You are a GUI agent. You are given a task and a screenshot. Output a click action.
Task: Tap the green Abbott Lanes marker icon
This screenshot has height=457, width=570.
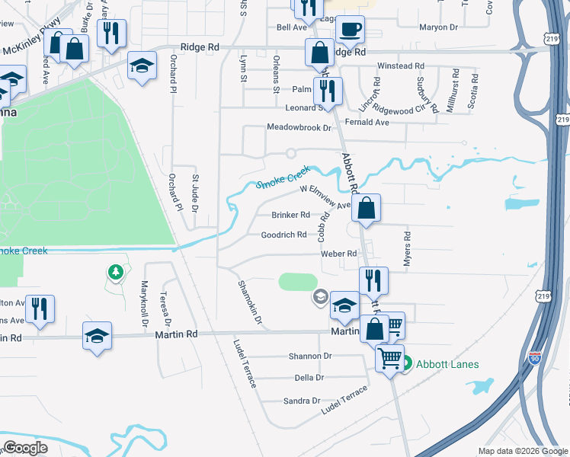[x=407, y=364]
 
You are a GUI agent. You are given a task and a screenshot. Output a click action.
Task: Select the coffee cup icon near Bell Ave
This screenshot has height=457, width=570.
[x=350, y=30]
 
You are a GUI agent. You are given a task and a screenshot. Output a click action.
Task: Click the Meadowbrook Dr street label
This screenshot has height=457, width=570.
[x=299, y=127]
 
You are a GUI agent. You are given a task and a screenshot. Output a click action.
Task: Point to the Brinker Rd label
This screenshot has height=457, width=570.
[x=290, y=215]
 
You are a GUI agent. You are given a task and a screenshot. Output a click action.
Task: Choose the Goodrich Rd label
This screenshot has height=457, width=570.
[x=283, y=235]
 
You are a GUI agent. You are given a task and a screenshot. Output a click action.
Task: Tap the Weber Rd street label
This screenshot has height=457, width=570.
[x=338, y=254]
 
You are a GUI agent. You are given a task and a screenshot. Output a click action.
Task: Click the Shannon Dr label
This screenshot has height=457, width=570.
[x=310, y=356]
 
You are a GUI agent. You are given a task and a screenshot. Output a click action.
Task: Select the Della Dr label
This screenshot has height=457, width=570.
[x=309, y=378]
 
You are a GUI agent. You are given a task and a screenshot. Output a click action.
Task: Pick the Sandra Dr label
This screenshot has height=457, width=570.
[x=302, y=401]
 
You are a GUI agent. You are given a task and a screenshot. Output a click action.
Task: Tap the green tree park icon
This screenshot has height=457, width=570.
[x=115, y=272]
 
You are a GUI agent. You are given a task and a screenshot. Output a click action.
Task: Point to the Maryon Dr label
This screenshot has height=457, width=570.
[x=438, y=27]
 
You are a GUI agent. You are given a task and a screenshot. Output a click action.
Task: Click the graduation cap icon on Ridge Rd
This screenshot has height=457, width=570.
[x=142, y=66]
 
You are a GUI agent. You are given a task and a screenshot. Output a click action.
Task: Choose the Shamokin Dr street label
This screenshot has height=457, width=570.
[x=249, y=303]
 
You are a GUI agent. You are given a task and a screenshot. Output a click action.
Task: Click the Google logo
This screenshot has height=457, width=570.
[x=25, y=448]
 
